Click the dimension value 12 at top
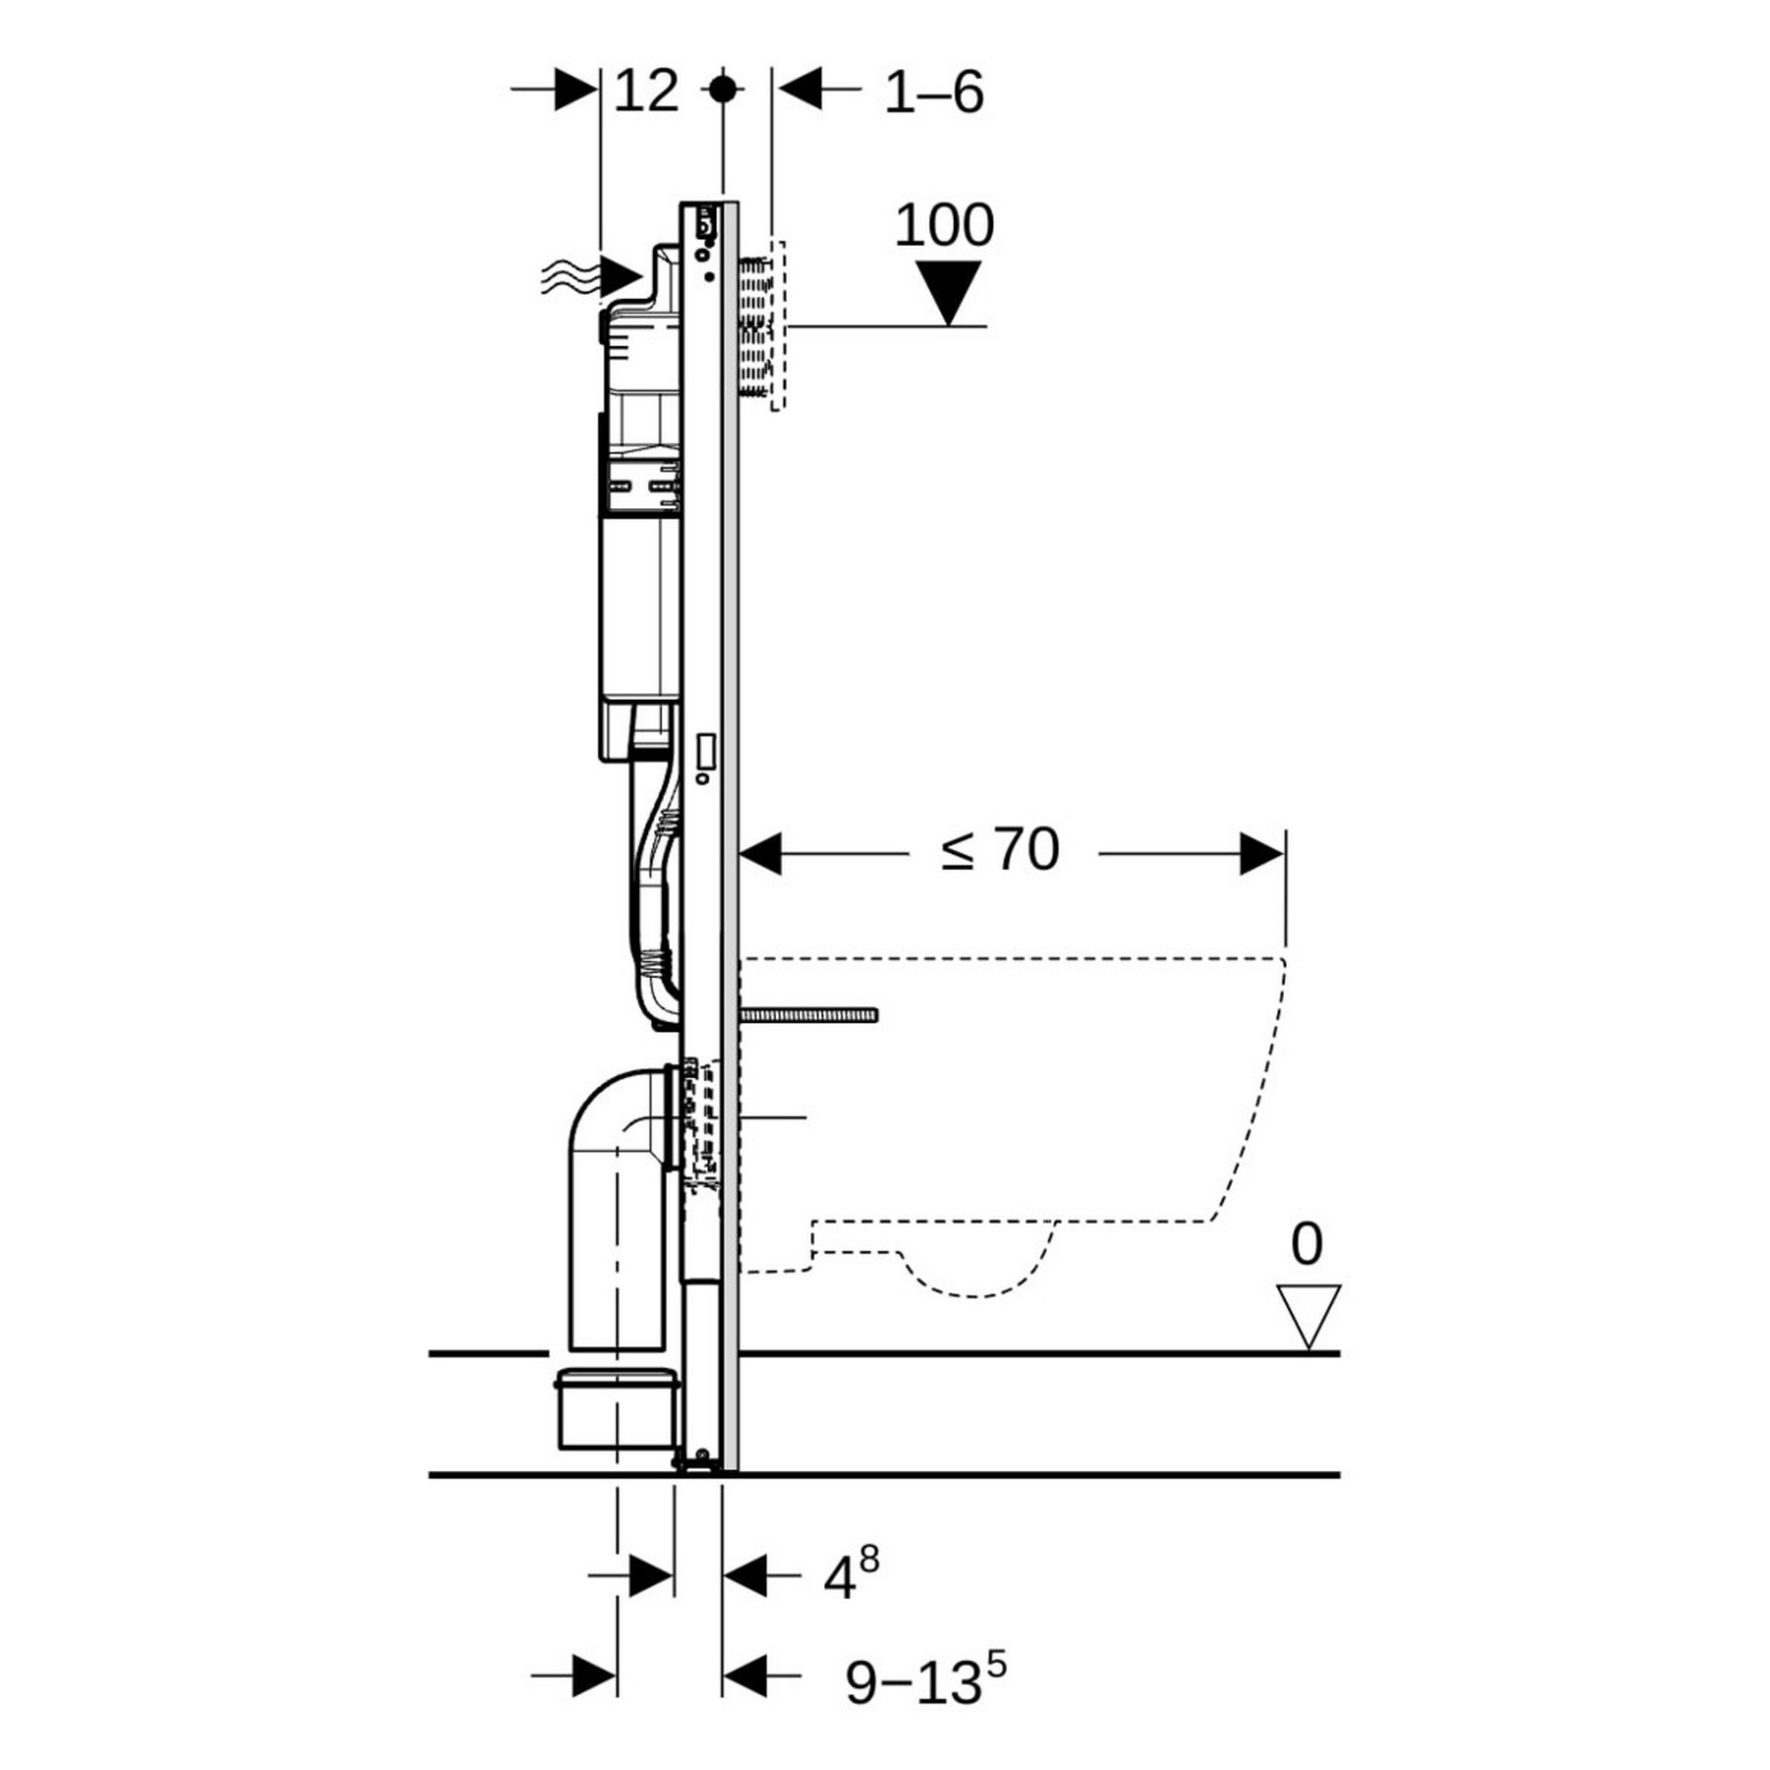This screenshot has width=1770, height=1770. point(646,92)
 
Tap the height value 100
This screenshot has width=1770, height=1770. point(943,226)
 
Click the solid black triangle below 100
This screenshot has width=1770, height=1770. point(949,291)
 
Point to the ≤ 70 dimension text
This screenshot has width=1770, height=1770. point(1000,850)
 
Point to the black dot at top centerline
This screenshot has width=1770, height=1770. point(723,89)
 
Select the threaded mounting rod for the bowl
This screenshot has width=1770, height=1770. point(808,1014)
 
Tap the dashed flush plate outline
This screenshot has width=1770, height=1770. point(777,327)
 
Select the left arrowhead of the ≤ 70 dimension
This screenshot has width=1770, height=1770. point(760,854)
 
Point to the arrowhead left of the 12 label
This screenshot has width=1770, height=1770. point(576,88)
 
